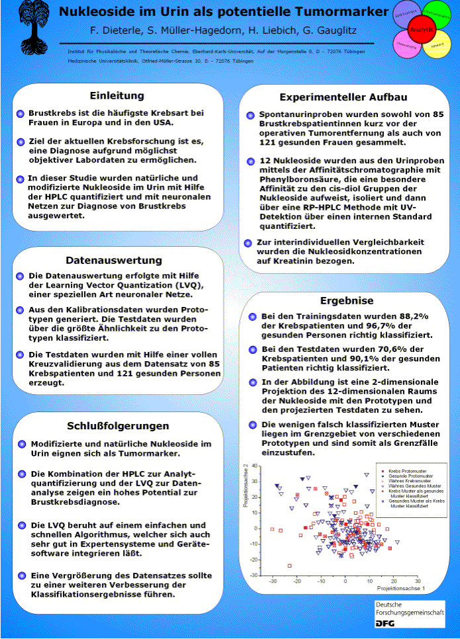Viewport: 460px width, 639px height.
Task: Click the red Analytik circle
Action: pos(422,30)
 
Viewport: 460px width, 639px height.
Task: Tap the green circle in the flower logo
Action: pos(435,15)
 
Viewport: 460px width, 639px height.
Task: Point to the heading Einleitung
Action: pos(116,96)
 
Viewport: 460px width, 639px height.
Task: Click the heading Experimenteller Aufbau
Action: pos(343,97)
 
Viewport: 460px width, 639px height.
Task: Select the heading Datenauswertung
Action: pos(116,260)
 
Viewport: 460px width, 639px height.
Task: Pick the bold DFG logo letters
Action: pos(385,623)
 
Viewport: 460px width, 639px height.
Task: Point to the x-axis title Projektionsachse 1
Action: pos(400,587)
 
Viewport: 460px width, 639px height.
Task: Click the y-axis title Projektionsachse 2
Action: pos(246,486)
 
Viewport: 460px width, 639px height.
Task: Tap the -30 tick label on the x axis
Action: pos(273,581)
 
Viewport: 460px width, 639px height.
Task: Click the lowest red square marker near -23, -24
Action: pos(289,566)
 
